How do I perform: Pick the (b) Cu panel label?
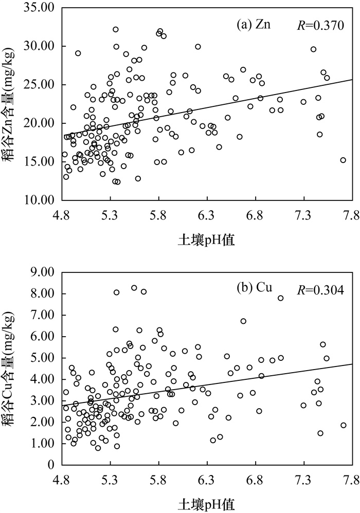coord(248,288)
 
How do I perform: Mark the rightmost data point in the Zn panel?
coord(343,160)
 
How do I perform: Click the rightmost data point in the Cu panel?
coord(343,425)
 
